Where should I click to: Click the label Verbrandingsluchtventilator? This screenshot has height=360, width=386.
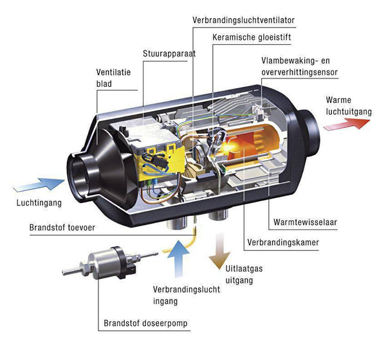point(244,20)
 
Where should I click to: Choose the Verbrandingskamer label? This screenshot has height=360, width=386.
point(282,243)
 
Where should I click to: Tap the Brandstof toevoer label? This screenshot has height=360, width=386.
point(61,227)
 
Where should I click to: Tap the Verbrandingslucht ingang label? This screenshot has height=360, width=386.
point(186,294)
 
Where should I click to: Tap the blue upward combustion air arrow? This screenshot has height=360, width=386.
point(179,261)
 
